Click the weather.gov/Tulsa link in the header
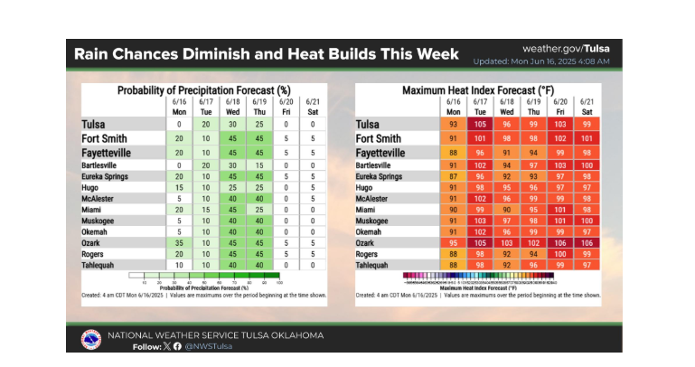(x=566, y=48)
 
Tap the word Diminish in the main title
(x=215, y=53)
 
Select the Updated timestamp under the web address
(x=541, y=61)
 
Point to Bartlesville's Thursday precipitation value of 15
(x=260, y=166)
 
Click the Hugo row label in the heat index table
(x=367, y=188)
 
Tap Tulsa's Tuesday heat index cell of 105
(x=480, y=124)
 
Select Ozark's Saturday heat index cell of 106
(x=587, y=243)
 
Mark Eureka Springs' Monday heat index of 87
(x=454, y=177)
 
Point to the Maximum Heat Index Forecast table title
(x=477, y=90)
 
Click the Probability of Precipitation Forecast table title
(x=203, y=90)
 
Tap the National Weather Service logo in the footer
(x=90, y=339)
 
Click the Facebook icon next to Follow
(x=177, y=346)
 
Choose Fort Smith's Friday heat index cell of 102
(x=560, y=138)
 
